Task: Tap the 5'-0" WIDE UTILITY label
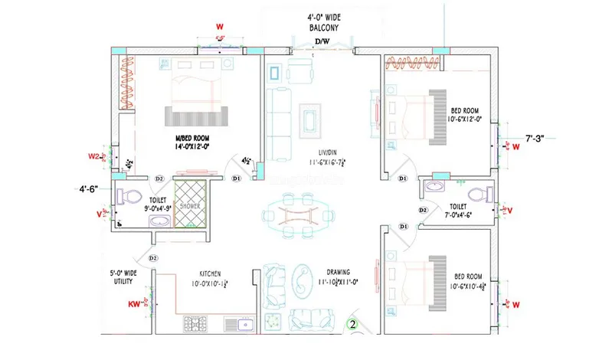coord(122,277)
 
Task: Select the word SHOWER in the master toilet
coord(190,205)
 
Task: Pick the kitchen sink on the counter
coord(245,324)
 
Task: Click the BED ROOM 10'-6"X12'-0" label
coord(465,116)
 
